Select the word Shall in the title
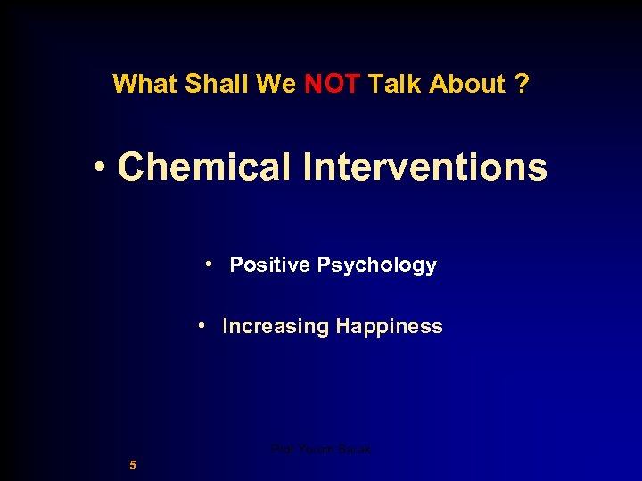204,84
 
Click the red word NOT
333,84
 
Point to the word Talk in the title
395,84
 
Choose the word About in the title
467,84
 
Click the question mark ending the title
522,84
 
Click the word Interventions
425,167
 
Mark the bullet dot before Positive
207,264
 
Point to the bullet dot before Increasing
203,325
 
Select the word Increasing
276,327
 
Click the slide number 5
132,464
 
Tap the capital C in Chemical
133,167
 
